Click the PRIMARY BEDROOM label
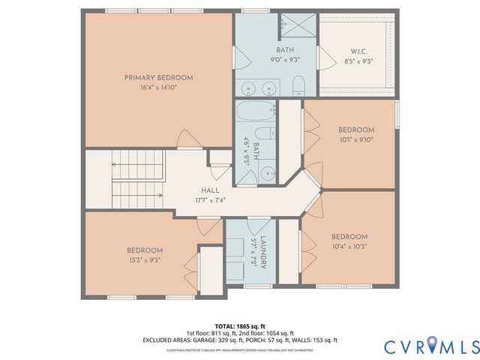(x=158, y=77)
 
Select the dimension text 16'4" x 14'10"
(x=158, y=87)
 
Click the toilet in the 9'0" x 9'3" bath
(x=298, y=84)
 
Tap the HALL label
(x=209, y=190)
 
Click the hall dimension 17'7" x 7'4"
(x=209, y=200)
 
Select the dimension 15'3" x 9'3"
(x=143, y=260)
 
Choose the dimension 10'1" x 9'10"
(x=355, y=139)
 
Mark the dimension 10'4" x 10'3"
(x=349, y=246)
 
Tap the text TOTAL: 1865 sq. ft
(x=239, y=325)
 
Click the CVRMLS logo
(x=430, y=346)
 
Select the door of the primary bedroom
(x=188, y=138)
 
